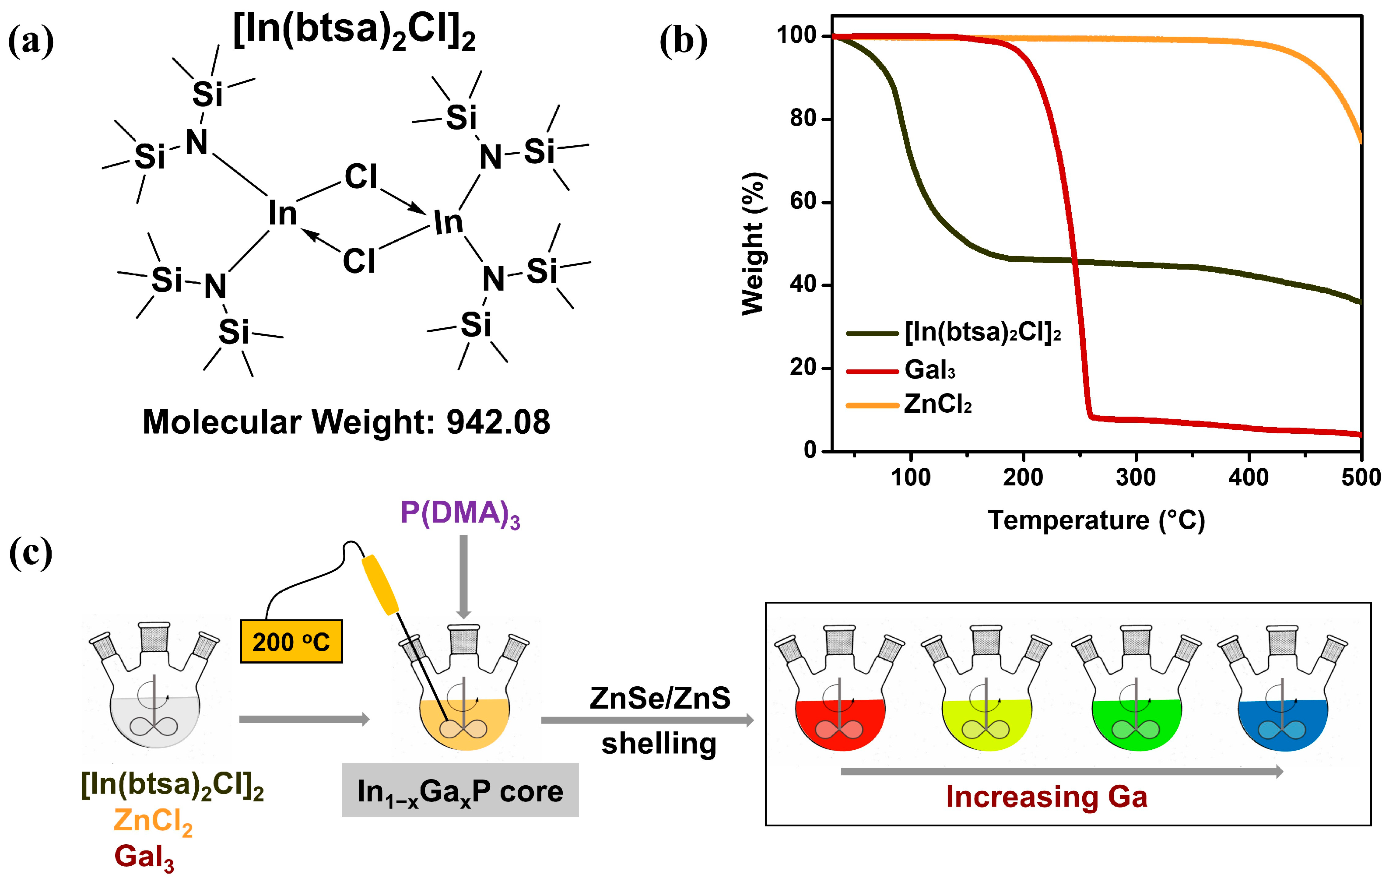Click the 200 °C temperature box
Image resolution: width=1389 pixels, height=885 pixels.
pos(291,642)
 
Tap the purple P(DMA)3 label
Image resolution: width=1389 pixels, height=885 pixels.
pos(460,513)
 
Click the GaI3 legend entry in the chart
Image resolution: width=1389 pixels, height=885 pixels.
pos(930,370)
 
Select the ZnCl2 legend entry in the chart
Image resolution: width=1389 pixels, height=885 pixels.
pos(937,404)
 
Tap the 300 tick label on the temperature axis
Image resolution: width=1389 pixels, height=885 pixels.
pos(1136,478)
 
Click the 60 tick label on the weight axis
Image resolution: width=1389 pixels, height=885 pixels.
pos(803,201)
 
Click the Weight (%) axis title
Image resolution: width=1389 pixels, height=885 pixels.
pos(753,243)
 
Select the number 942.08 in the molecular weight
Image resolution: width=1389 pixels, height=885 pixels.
pos(498,422)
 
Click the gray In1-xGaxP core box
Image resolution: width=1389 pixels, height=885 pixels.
pos(460,790)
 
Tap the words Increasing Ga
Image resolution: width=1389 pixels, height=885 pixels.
pos(1047,797)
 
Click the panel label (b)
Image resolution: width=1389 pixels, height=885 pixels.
pos(683,42)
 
